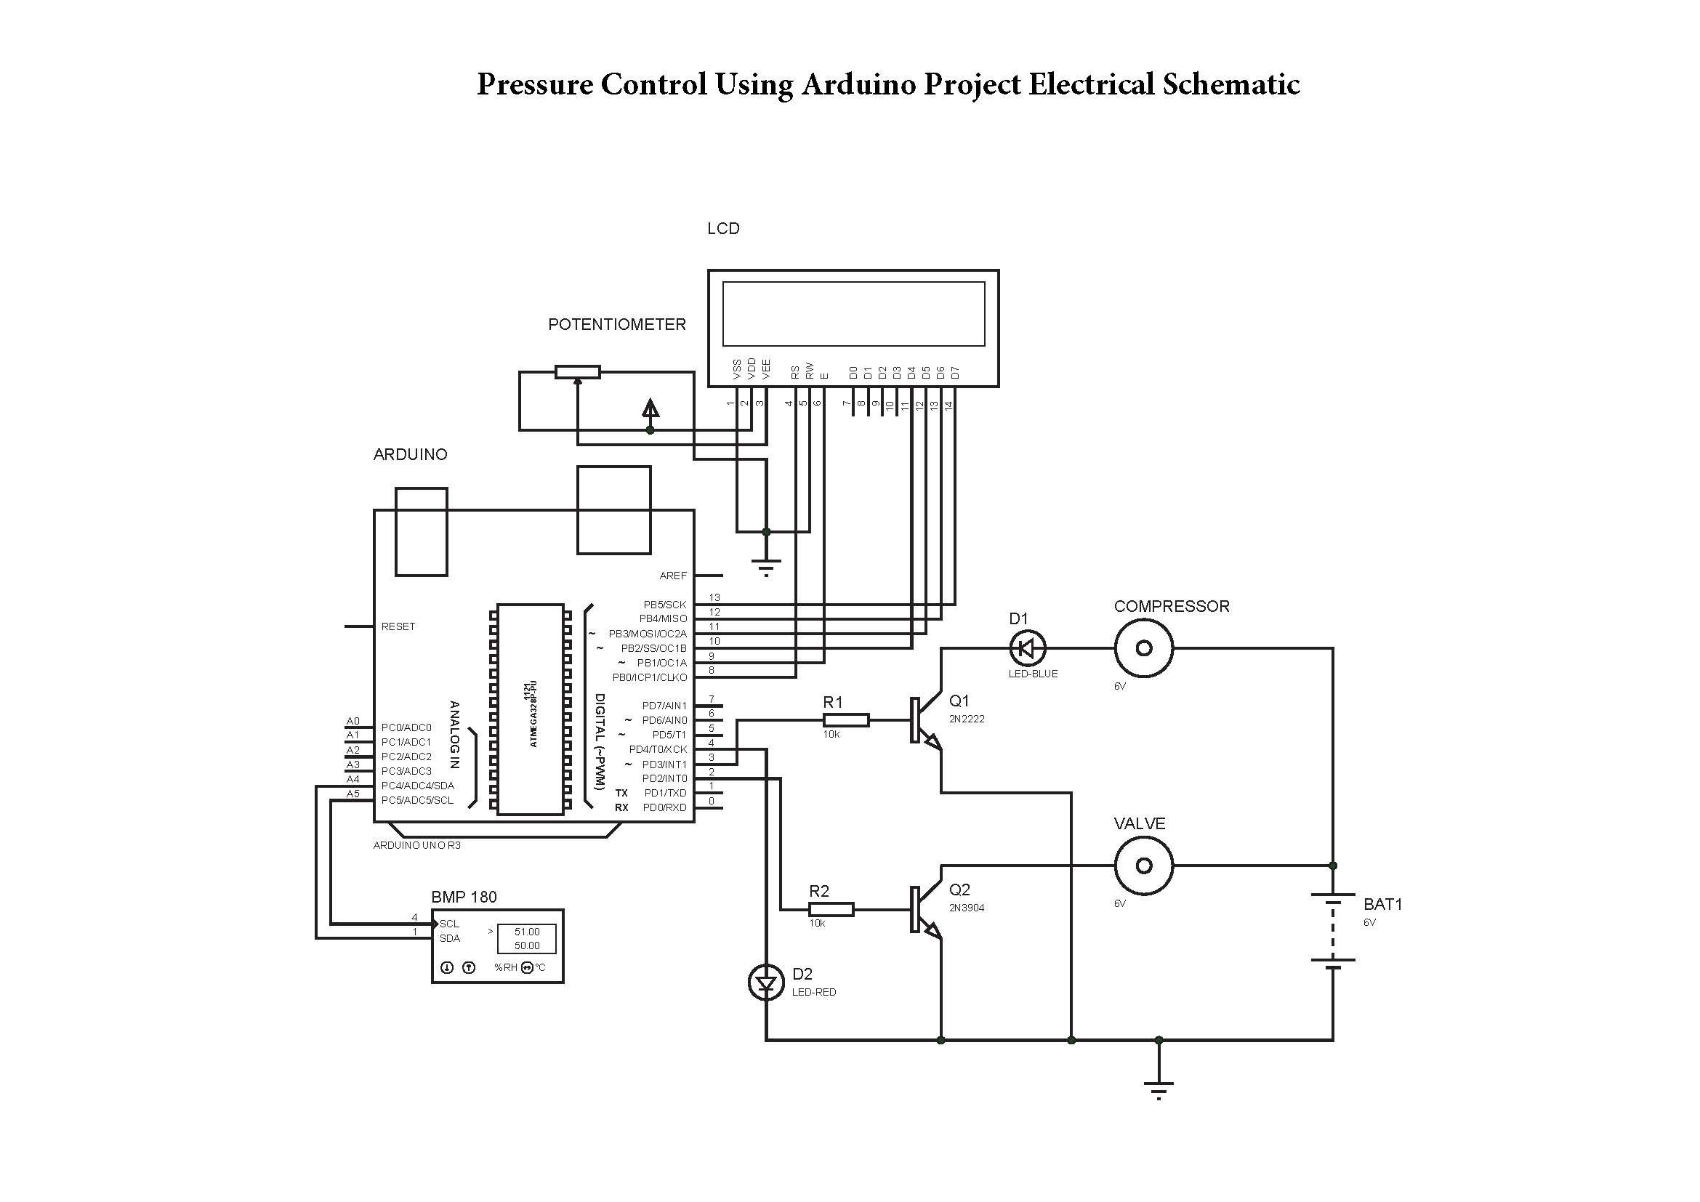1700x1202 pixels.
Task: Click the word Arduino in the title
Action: (x=858, y=84)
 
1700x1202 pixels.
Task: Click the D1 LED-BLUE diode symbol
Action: (x=1027, y=649)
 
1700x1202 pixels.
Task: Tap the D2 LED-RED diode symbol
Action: (x=765, y=983)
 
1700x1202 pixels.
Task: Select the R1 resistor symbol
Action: (x=845, y=720)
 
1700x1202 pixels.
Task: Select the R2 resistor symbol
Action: (x=831, y=910)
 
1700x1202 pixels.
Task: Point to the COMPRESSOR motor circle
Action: (x=1143, y=649)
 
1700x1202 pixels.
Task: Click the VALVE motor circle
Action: (x=1143, y=866)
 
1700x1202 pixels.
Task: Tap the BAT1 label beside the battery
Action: (x=1382, y=905)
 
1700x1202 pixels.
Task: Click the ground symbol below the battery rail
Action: (x=1158, y=1088)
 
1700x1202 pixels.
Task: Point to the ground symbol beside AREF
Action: (x=765, y=567)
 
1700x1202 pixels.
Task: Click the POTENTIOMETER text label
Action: (x=617, y=325)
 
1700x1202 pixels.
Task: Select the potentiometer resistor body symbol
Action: (x=578, y=372)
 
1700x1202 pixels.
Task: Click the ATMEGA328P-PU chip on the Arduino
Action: (x=530, y=709)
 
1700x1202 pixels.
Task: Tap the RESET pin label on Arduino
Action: (x=398, y=627)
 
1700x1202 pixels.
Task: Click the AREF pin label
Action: (x=673, y=576)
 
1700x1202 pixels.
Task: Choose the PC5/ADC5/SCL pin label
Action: (x=417, y=800)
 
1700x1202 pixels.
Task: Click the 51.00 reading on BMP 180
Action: (x=526, y=932)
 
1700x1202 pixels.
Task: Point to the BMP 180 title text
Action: (x=464, y=897)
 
